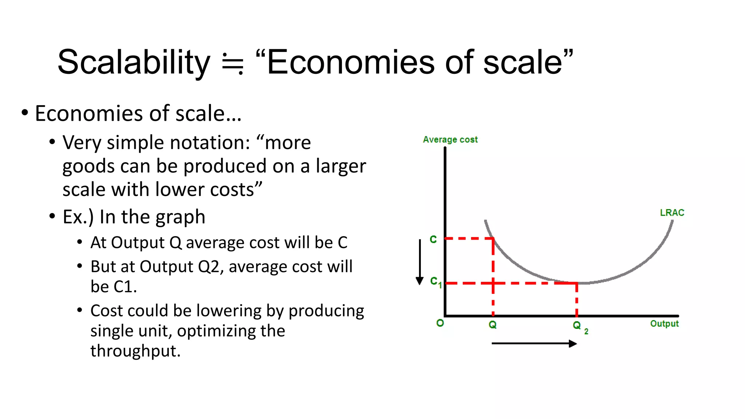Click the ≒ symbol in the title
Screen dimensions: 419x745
(233, 64)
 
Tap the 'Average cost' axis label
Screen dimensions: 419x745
(450, 140)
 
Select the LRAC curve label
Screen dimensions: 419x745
(672, 213)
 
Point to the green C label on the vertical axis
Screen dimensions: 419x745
(433, 239)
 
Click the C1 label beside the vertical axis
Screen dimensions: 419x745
(435, 282)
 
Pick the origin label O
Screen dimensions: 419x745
(440, 323)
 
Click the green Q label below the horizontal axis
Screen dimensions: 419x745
(493, 325)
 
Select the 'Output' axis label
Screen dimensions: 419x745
(664, 324)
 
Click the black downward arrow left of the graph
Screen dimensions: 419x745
(420, 262)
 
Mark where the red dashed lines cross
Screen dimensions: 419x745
(493, 283)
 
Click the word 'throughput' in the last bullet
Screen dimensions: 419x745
(135, 351)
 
